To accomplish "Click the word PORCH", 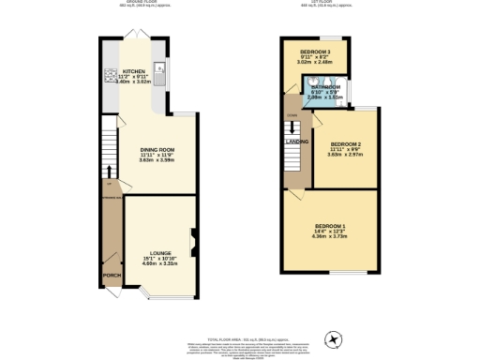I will tap(112, 275).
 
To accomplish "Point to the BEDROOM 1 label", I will tap(330, 226).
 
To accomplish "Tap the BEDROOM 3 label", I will tap(314, 52).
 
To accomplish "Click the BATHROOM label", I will tap(325, 86).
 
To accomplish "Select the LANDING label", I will tap(297, 142).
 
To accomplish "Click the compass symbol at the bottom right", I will tap(330, 339).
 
